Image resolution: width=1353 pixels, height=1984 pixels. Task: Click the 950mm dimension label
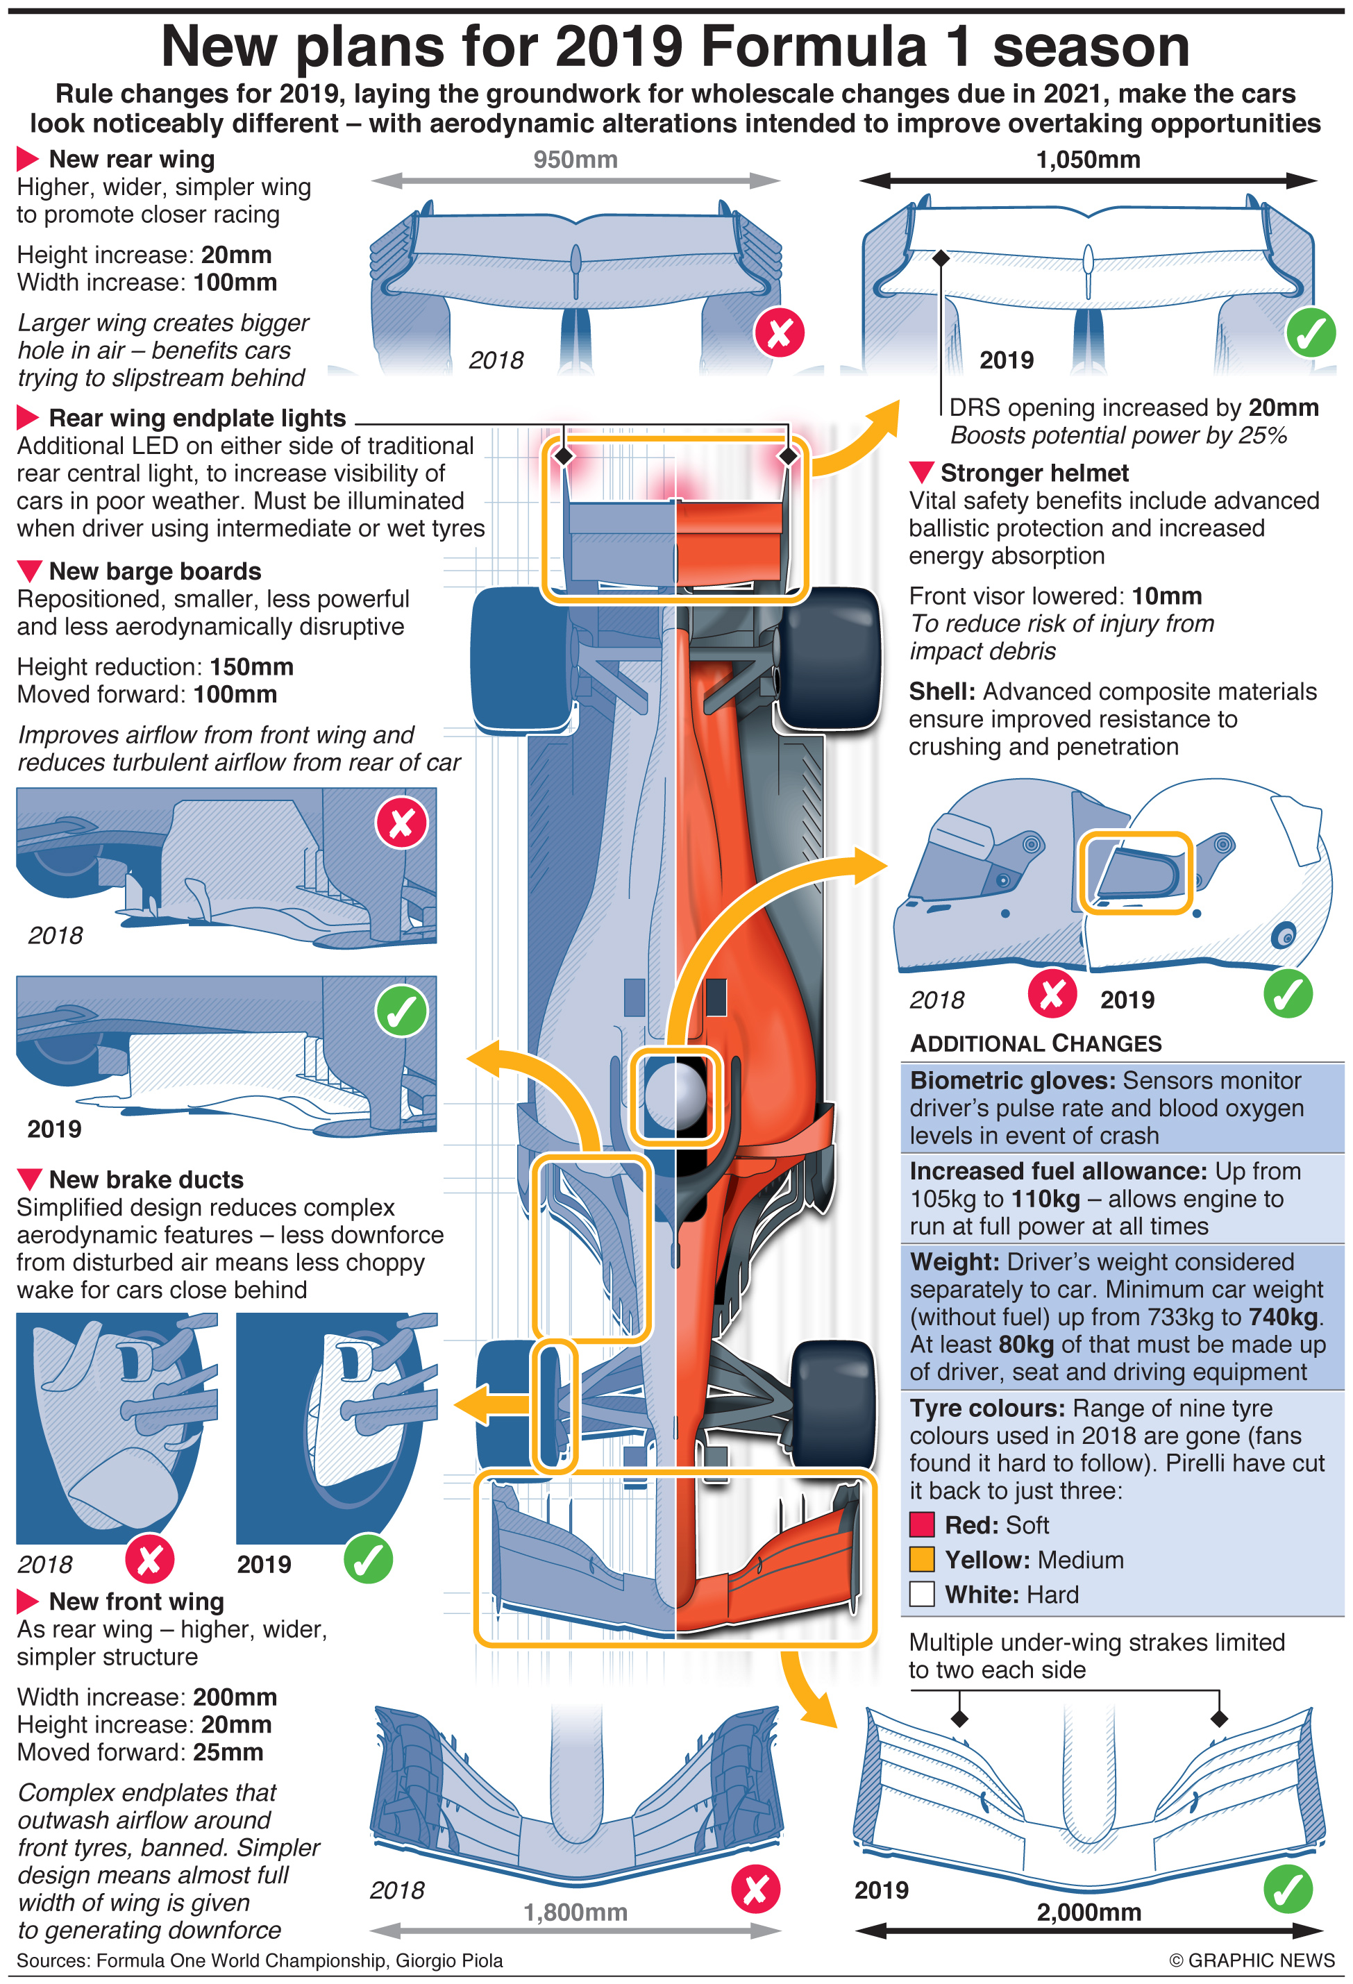(x=575, y=160)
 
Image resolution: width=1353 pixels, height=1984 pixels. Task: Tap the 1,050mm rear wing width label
(x=1088, y=160)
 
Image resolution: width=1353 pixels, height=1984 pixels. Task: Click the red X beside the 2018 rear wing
(x=778, y=333)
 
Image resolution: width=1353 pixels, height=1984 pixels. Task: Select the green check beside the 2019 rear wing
(x=1311, y=333)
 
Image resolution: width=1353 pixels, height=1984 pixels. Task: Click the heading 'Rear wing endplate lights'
(x=196, y=419)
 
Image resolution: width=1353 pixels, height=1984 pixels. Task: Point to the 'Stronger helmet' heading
(x=1034, y=473)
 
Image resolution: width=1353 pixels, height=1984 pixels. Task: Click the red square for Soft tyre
(x=922, y=1524)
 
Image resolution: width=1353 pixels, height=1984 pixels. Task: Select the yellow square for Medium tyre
(x=922, y=1559)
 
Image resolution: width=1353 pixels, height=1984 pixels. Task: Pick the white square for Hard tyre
(x=922, y=1594)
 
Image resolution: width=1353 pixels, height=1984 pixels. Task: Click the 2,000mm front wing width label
(x=1089, y=1912)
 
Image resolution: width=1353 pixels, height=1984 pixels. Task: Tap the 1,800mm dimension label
(x=575, y=1912)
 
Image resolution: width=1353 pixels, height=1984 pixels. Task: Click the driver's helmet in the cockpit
(x=675, y=1096)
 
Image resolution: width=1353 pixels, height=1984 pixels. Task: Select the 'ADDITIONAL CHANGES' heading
(x=1036, y=1043)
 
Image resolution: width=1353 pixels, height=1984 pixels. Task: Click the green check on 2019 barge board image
(x=401, y=1011)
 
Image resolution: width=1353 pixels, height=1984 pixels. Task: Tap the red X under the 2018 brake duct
(x=149, y=1559)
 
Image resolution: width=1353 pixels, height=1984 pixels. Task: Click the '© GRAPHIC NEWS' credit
(x=1252, y=1960)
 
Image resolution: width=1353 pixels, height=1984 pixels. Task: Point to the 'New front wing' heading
(x=136, y=1602)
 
